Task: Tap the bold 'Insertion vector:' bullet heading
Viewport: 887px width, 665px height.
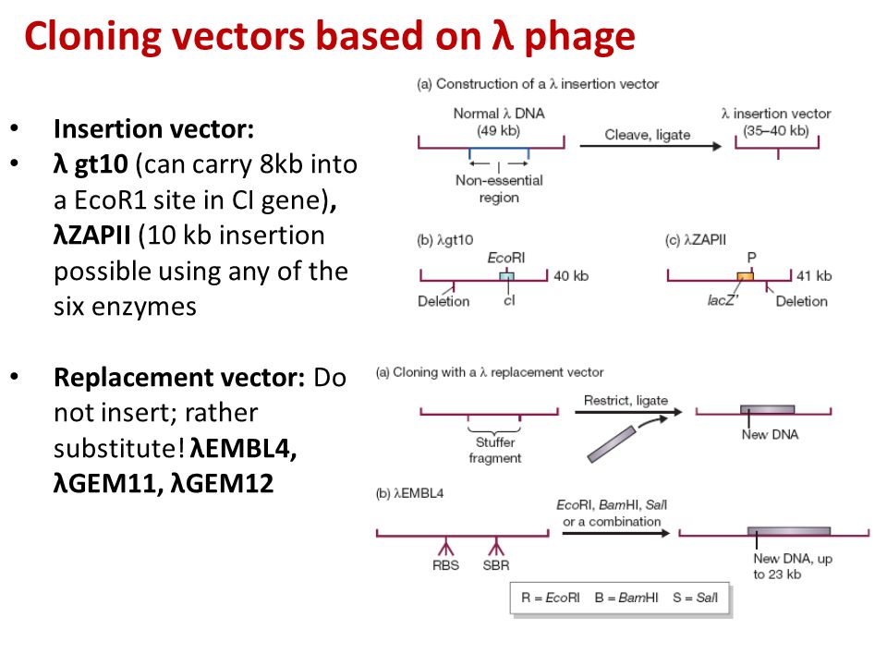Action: tap(152, 129)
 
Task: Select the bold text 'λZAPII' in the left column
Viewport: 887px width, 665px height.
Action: tap(93, 236)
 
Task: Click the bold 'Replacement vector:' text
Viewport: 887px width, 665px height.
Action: tap(179, 378)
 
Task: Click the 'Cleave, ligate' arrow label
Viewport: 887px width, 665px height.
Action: tap(647, 135)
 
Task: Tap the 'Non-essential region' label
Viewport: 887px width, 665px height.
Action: tap(499, 189)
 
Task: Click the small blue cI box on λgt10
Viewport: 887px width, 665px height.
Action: tap(505, 276)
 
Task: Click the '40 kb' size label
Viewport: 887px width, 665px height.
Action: tap(570, 275)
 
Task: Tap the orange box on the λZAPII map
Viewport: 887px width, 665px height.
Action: tap(745, 276)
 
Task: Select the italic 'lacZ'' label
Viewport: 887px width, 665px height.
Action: tap(722, 301)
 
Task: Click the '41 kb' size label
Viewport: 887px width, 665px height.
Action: tap(814, 275)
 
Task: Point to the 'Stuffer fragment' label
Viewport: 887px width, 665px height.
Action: tap(494, 450)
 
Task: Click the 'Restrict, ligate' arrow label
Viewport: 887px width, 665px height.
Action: tap(626, 400)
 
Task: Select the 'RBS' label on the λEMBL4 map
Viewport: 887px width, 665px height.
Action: tap(445, 566)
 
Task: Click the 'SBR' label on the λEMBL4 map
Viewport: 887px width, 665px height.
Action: tap(496, 566)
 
